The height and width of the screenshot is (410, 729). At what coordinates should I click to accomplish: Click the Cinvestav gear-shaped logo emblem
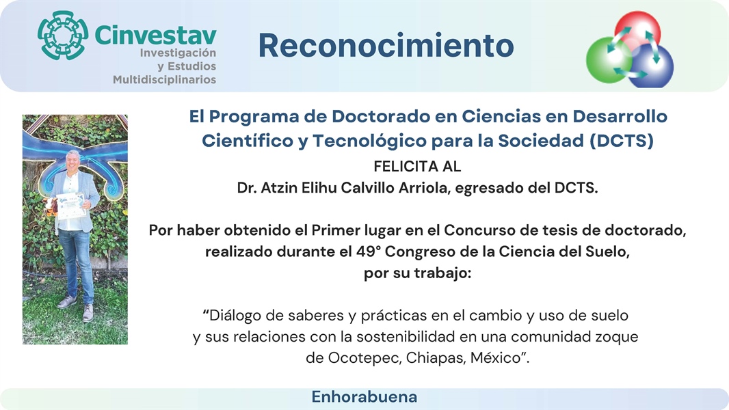click(63, 36)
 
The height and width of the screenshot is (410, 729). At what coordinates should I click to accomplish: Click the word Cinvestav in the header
click(155, 36)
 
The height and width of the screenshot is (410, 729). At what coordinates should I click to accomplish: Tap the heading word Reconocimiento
click(386, 46)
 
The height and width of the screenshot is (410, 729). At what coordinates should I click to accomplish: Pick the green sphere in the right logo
click(608, 60)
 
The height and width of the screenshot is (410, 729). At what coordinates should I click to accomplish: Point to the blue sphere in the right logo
click(651, 66)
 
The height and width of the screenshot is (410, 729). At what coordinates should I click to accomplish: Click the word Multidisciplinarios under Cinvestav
click(165, 79)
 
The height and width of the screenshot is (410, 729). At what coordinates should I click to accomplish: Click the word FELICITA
click(403, 166)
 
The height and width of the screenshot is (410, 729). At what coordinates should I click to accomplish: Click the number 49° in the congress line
click(369, 251)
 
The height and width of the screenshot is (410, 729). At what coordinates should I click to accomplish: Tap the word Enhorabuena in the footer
click(364, 397)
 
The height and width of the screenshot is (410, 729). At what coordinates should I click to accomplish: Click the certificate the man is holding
click(71, 206)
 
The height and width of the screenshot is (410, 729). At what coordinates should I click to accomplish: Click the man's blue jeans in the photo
click(77, 264)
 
